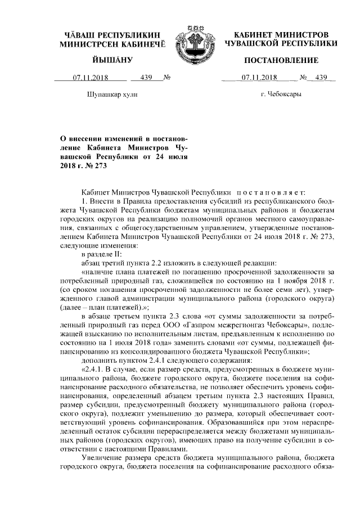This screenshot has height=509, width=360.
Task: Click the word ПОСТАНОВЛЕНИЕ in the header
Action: (x=276, y=60)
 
